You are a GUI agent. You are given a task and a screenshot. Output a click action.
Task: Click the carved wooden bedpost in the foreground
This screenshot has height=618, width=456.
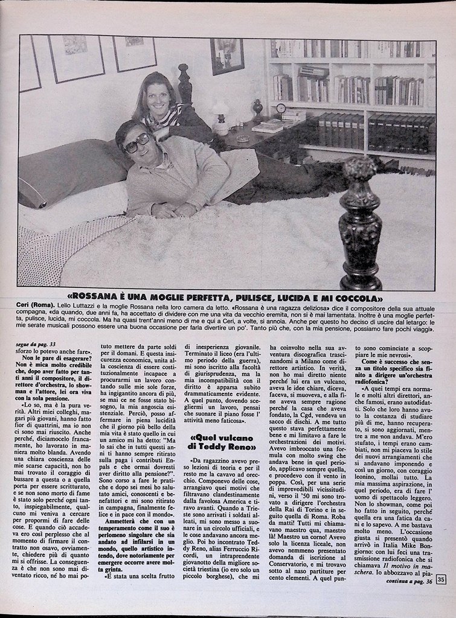[360, 223]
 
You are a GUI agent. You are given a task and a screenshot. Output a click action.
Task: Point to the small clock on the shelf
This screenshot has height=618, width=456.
[281, 108]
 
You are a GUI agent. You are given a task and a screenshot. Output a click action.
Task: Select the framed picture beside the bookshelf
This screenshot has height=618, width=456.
[226, 56]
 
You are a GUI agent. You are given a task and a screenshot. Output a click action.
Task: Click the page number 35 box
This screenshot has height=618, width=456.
[441, 580]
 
